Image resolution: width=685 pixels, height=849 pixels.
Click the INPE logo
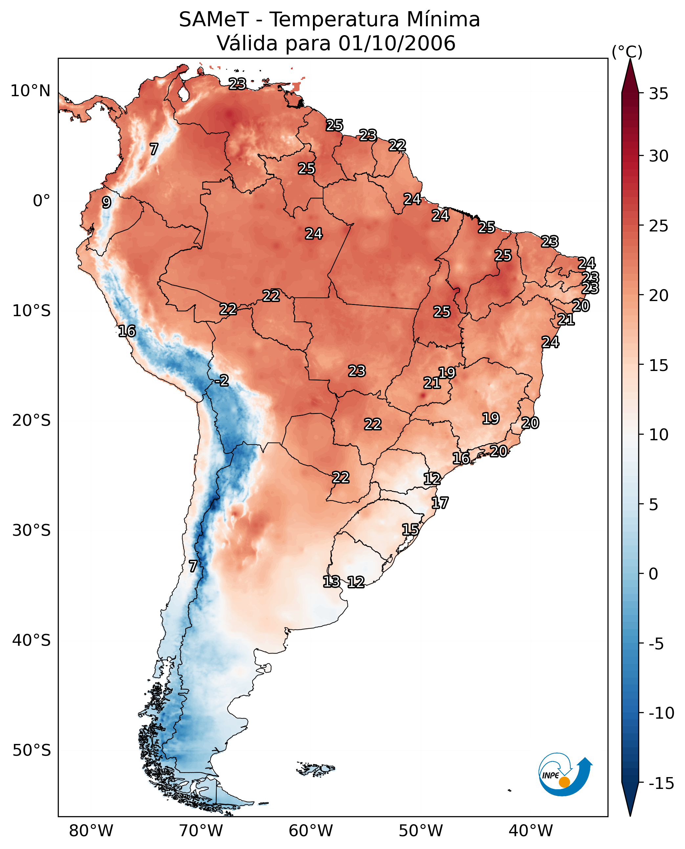pos(565,774)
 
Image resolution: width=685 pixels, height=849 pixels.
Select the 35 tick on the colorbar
pos(658,94)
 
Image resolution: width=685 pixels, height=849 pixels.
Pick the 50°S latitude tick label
pos(32,751)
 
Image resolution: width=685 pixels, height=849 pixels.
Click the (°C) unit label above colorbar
pos(627,52)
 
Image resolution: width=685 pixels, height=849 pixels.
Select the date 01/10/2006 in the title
pos(397,43)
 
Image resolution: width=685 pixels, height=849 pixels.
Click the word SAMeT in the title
pos(214,19)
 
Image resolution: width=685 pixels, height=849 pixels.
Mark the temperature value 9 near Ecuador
pos(106,202)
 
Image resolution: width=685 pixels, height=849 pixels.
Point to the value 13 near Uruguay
pos(331,581)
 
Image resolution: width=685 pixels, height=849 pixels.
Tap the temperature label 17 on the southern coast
pos(440,503)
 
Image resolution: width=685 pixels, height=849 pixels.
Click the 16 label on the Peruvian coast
pos(127,331)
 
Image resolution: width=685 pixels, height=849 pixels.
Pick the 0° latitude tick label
pos(41,201)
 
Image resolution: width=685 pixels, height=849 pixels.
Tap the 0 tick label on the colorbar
pos(653,574)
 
